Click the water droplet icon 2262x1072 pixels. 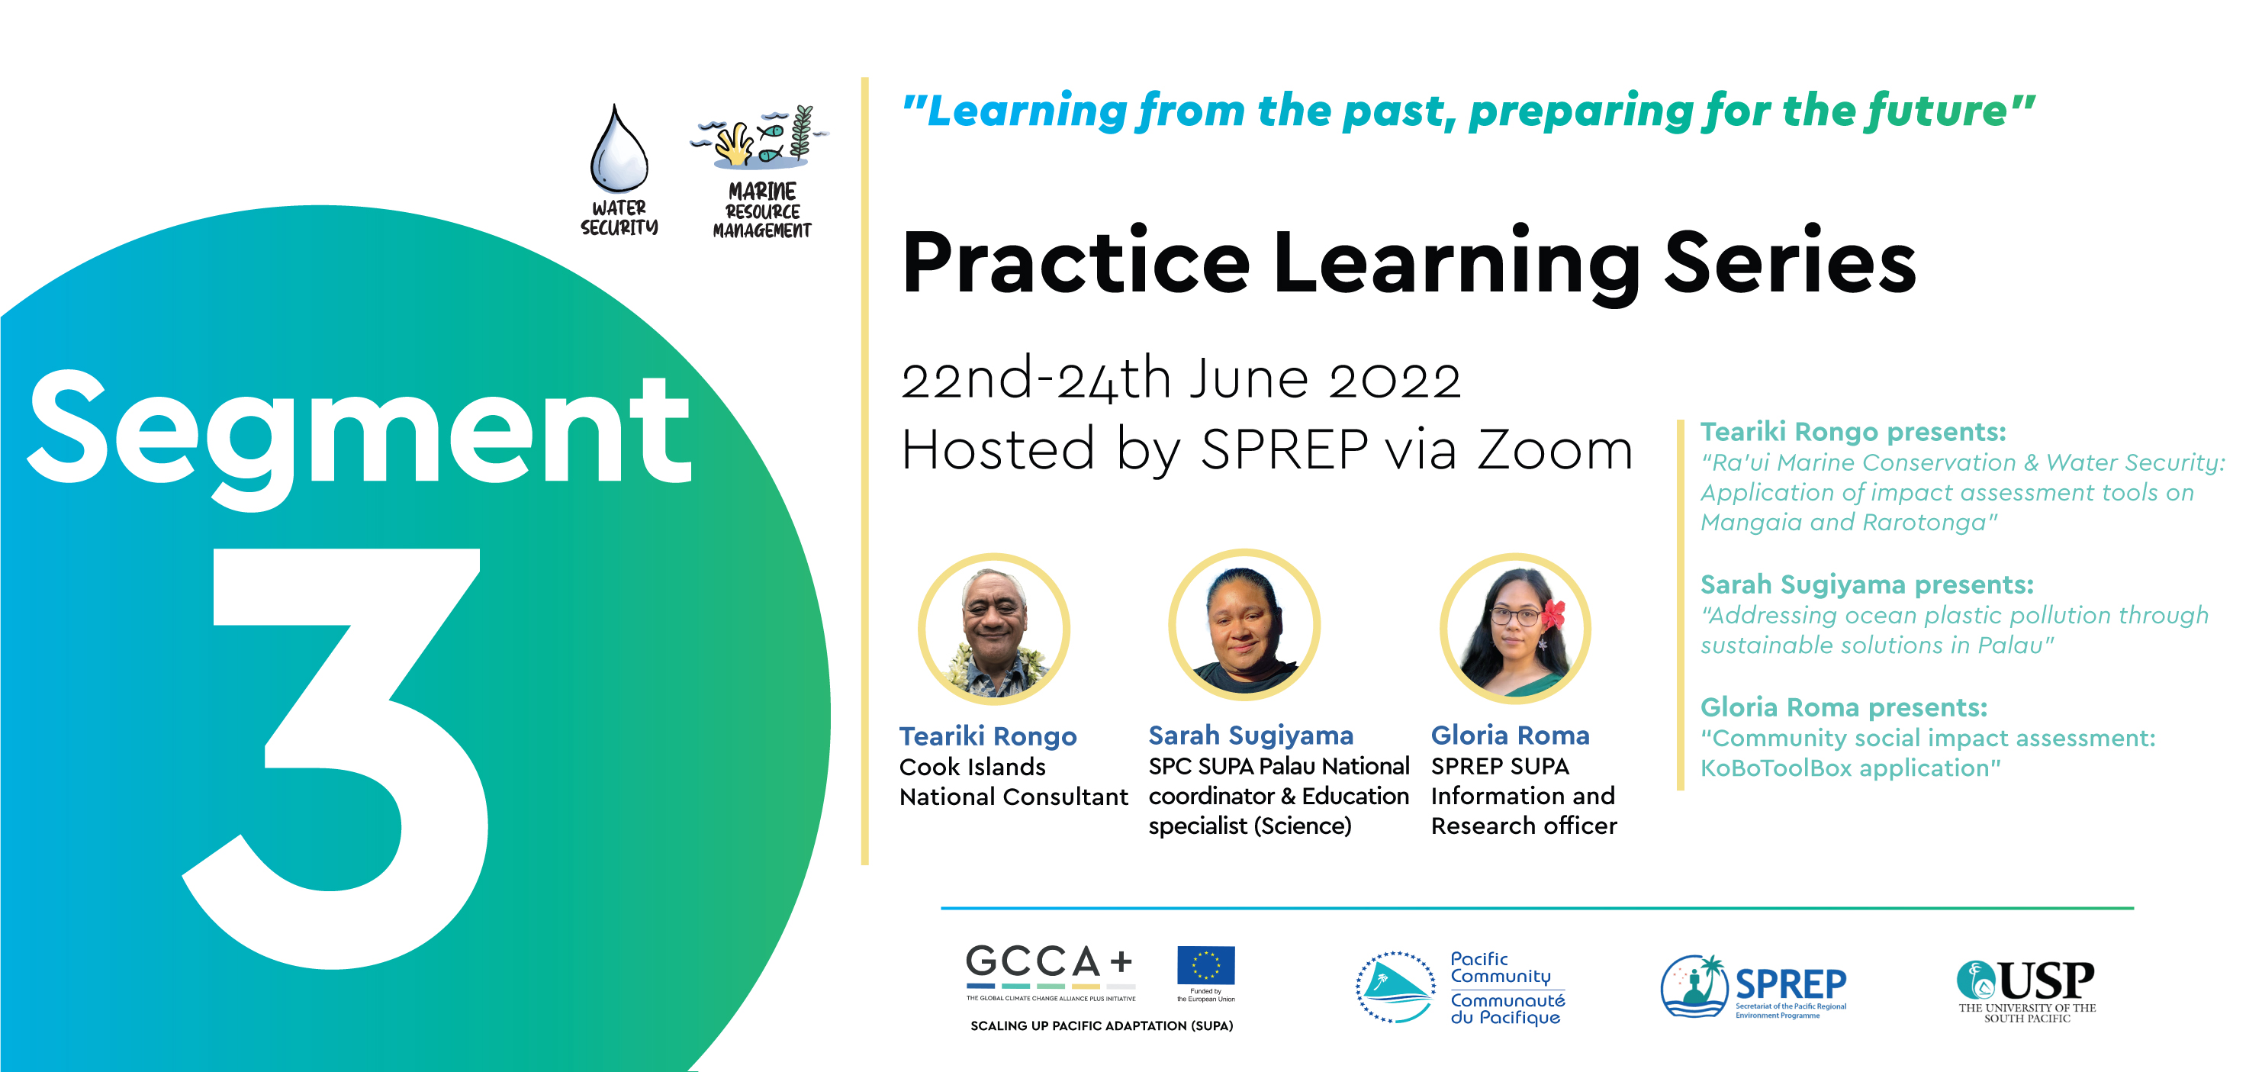tap(619, 150)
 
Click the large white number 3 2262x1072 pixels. tap(336, 758)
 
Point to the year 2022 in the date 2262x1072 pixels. tap(1395, 380)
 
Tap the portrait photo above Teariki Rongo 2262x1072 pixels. tap(994, 629)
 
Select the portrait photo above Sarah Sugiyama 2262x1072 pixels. tap(1244, 625)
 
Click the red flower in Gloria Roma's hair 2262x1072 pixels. tap(1554, 614)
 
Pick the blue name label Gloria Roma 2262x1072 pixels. tap(1511, 735)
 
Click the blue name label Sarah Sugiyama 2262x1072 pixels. tap(1251, 736)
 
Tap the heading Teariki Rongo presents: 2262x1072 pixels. tap(1854, 432)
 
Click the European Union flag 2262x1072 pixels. tap(1205, 966)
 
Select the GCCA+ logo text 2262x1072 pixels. tap(1049, 962)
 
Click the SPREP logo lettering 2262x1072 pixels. tap(1791, 983)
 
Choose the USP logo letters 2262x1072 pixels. tap(2047, 980)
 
